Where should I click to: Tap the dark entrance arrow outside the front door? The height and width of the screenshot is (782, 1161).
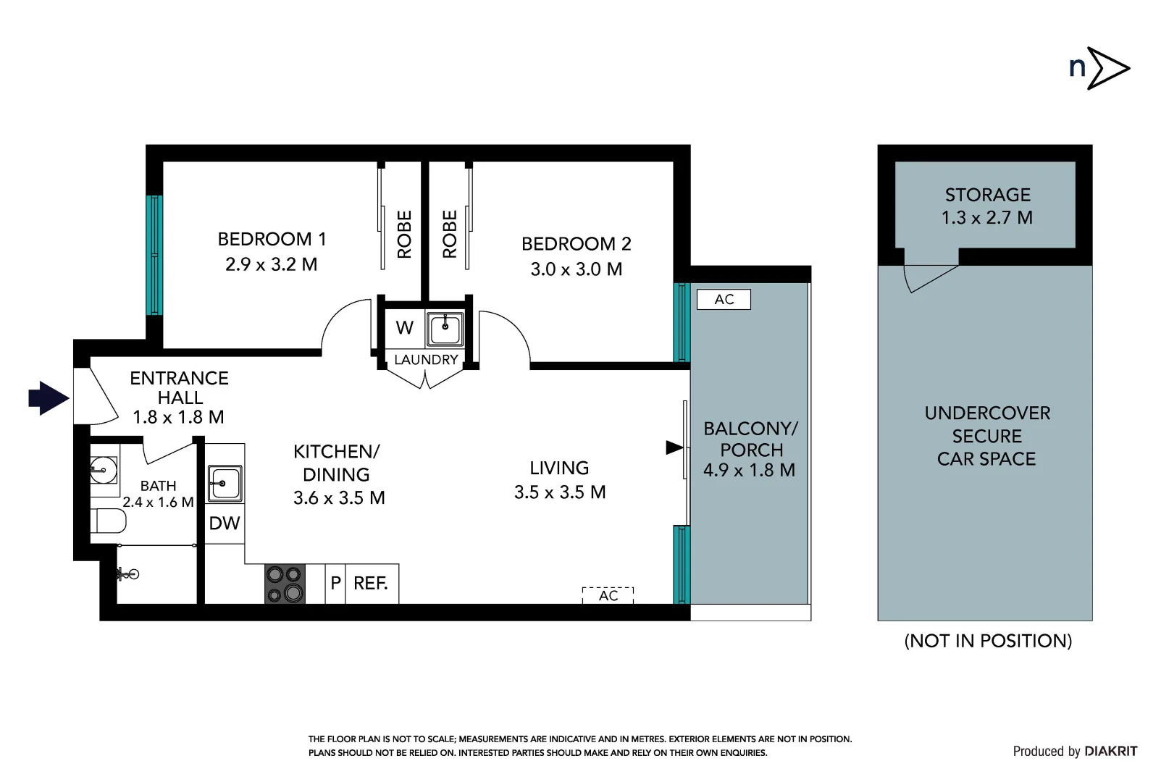click(49, 398)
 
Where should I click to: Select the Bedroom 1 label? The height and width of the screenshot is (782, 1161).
click(272, 239)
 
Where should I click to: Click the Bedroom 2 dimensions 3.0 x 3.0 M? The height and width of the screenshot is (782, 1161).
click(576, 269)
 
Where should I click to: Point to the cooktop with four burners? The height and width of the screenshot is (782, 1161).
click(285, 584)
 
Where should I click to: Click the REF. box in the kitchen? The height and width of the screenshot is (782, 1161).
click(371, 584)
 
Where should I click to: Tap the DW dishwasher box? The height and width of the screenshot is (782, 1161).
click(225, 524)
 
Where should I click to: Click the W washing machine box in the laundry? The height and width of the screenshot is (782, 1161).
click(404, 328)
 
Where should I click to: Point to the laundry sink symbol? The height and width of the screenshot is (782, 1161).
click(444, 329)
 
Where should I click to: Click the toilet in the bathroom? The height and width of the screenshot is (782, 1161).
click(108, 521)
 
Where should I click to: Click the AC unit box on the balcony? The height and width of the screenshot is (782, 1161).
click(724, 300)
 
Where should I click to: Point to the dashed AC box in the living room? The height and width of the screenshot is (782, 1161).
click(608, 595)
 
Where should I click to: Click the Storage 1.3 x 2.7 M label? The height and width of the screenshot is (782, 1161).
click(986, 206)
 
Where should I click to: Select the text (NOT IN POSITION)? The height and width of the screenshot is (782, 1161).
click(988, 641)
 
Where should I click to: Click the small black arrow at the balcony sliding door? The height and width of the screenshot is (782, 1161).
click(674, 448)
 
